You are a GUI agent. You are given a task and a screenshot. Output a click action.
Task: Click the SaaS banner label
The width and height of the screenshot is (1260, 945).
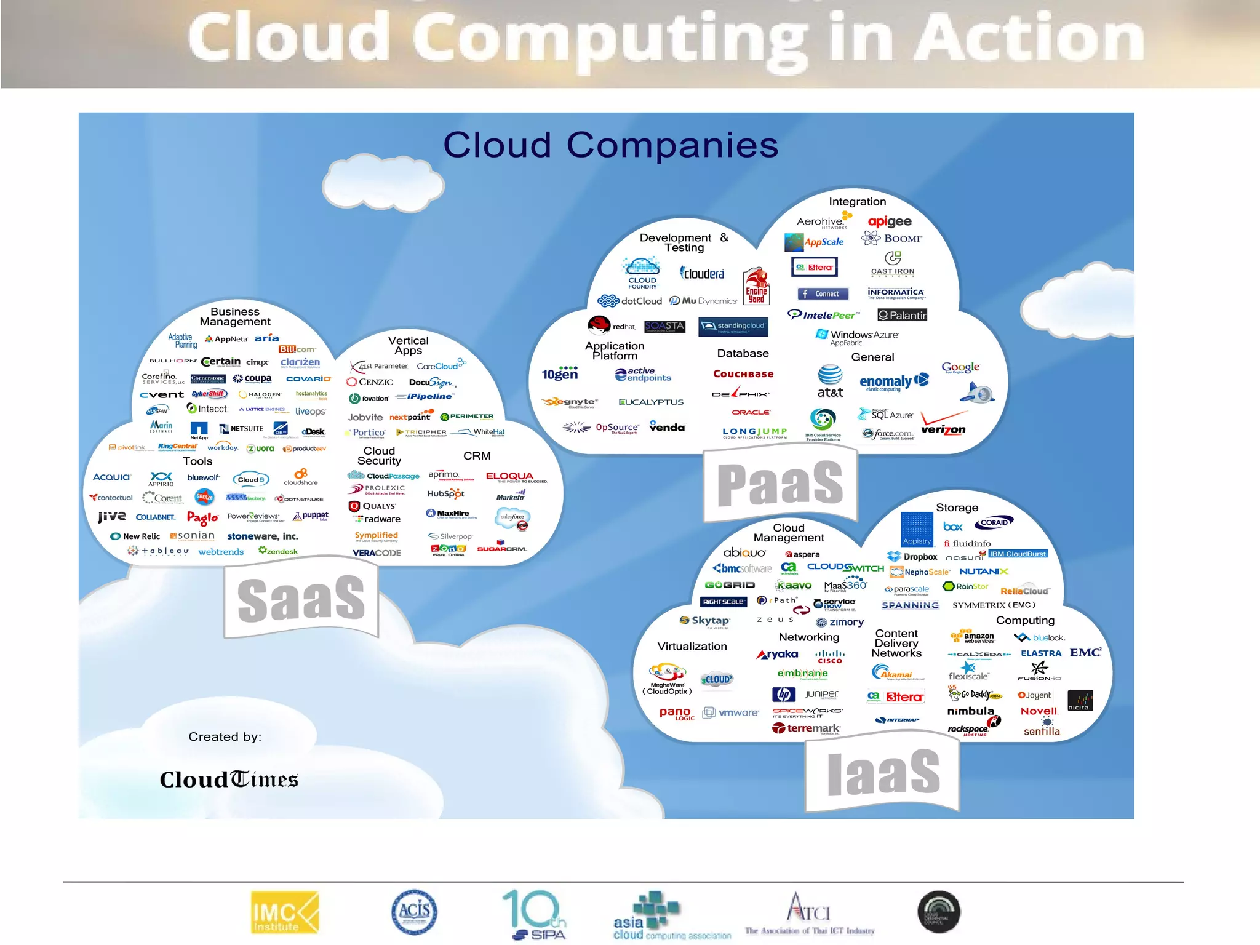[x=301, y=599]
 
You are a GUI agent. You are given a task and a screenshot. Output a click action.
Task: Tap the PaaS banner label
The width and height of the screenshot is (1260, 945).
[x=780, y=484]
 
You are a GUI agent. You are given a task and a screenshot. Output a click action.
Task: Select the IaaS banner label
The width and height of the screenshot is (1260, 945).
[x=883, y=772]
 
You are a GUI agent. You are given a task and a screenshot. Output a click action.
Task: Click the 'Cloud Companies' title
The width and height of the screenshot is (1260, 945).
[x=610, y=145]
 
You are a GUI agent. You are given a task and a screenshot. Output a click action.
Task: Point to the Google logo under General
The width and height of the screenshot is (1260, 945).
[x=960, y=367]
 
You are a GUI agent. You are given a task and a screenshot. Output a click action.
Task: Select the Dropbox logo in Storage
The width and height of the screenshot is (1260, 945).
[x=912, y=557]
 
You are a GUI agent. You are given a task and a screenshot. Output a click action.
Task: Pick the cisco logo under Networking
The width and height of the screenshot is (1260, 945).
[x=830, y=657]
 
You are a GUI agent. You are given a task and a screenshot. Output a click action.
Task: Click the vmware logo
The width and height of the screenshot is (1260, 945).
[x=732, y=712]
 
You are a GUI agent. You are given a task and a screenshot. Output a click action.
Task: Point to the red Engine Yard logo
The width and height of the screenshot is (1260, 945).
[x=756, y=287]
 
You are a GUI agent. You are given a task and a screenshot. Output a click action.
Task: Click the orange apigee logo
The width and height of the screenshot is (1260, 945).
[x=890, y=221]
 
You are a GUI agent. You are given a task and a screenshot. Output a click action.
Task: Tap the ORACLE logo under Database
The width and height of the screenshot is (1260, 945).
[x=751, y=412]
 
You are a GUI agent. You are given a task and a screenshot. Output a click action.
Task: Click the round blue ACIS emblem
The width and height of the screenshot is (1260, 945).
[x=415, y=912]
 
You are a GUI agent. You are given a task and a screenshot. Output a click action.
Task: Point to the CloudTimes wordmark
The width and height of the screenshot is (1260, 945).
[x=229, y=780]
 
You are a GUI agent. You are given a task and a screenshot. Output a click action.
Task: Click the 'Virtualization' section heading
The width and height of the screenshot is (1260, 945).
[x=692, y=647]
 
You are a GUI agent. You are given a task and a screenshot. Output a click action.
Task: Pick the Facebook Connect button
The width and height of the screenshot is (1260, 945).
[x=823, y=294]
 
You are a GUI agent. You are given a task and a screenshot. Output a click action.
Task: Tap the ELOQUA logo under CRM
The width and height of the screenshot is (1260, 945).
[x=509, y=476]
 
